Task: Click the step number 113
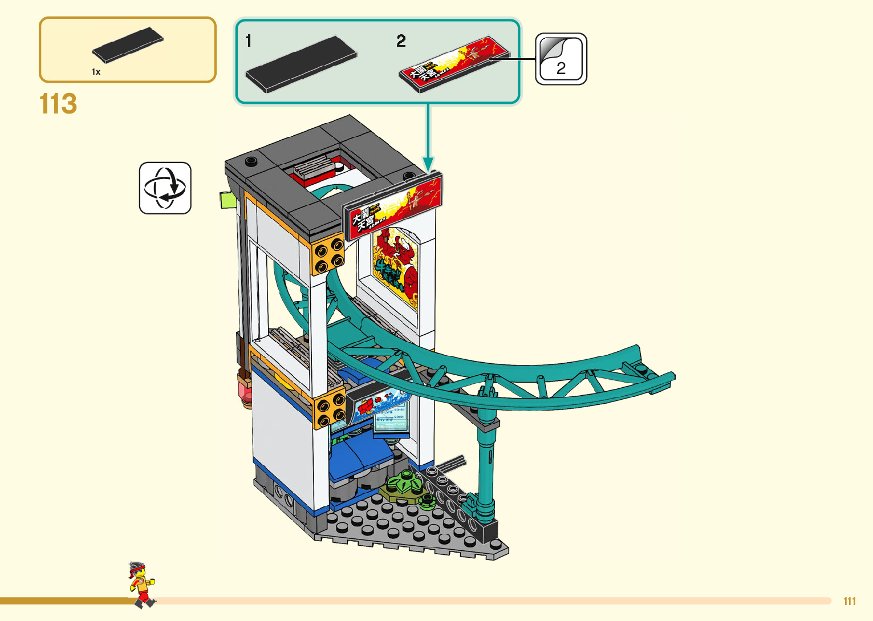[58, 104]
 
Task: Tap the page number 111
[850, 601]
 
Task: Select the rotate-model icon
[165, 188]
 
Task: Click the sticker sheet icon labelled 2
[561, 59]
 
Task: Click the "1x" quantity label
[96, 72]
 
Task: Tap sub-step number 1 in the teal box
[249, 41]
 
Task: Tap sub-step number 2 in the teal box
[401, 41]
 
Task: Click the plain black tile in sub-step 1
[301, 64]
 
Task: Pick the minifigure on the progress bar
[141, 585]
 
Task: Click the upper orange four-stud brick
[328, 254]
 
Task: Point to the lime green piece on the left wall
[228, 200]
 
